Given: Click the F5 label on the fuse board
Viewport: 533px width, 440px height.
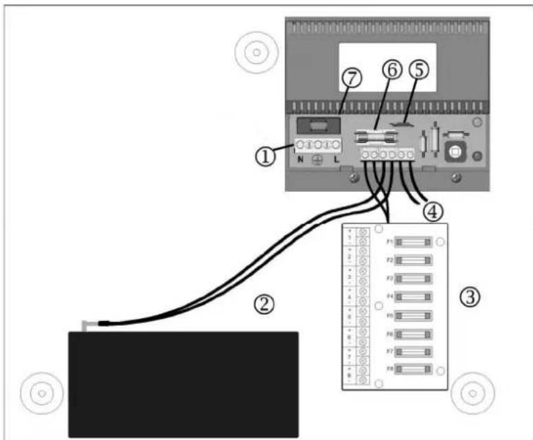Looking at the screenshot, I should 389,316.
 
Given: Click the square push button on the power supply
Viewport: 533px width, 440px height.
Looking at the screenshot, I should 454,151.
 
